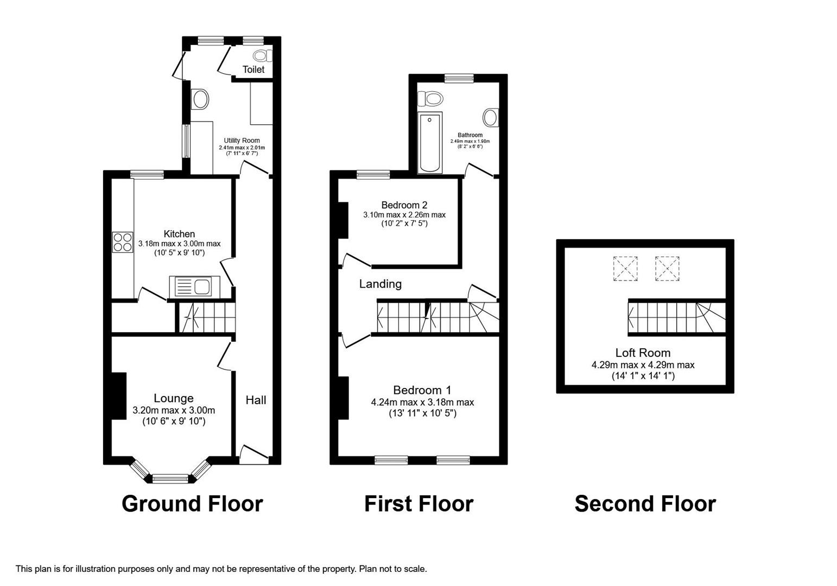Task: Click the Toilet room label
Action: tap(253, 69)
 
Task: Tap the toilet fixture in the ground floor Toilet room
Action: tap(262, 55)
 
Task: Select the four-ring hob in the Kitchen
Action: tap(123, 242)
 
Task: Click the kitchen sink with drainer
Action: tap(194, 286)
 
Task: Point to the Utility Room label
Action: tap(242, 141)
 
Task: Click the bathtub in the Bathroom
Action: tap(430, 142)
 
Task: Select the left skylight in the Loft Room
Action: tap(625, 269)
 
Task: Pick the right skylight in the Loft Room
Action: tap(667, 269)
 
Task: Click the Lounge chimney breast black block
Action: tap(119, 396)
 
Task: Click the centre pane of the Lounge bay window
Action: tap(170, 479)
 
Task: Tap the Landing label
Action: tap(380, 284)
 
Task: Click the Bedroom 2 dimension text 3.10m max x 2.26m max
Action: tap(404, 215)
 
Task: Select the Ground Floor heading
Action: tap(192, 504)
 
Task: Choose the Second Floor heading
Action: tap(645, 504)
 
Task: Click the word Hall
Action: tap(256, 400)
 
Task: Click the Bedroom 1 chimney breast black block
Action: tap(343, 398)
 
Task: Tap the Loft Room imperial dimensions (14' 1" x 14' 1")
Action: tap(643, 375)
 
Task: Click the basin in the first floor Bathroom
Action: tap(490, 117)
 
